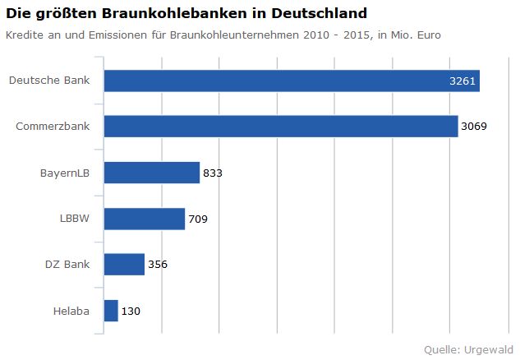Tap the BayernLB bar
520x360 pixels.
point(152,173)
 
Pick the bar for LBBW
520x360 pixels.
point(145,219)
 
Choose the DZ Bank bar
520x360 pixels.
point(124,265)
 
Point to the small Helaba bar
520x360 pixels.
point(111,311)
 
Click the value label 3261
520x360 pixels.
point(462,81)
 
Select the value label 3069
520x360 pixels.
point(474,127)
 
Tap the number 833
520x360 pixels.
point(213,173)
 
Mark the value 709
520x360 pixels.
point(198,219)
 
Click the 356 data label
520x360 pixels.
point(158,265)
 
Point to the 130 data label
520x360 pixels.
point(131,312)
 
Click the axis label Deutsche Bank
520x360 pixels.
point(49,81)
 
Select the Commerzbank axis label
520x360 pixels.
point(53,127)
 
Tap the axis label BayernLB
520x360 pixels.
point(65,173)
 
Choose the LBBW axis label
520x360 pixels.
point(75,219)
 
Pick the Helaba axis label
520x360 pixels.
point(71,311)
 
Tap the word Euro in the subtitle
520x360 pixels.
point(428,35)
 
